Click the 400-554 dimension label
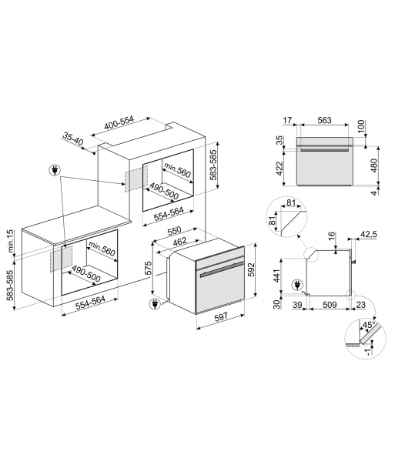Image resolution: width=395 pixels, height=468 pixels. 119,122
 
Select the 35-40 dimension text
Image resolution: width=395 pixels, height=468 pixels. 73,139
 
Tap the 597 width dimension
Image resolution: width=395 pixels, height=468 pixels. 221,316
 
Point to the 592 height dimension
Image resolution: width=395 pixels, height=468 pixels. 251,269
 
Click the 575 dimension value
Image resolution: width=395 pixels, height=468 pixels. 148,268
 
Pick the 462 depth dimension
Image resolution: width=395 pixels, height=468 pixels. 179,242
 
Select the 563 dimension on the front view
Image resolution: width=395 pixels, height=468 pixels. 324,120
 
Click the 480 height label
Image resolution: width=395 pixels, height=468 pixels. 373,165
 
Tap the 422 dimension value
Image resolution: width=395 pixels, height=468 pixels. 280,169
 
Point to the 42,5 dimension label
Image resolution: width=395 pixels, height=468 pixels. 368,234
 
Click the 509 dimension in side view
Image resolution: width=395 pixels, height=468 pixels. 330,305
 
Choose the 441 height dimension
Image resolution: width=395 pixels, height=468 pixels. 278,276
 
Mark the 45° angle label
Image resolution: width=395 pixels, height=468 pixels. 368,325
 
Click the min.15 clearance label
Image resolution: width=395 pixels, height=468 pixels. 11,241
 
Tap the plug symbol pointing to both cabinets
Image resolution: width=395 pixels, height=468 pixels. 55,171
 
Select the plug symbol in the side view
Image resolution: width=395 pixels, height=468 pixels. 297,284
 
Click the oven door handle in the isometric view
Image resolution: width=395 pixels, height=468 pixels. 221,270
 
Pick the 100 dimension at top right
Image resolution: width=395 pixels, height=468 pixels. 361,126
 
